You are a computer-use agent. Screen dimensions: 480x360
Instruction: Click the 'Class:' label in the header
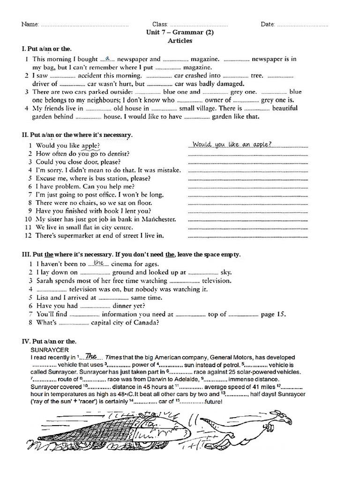(x=160, y=24)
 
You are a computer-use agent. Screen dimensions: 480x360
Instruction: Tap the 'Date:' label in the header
(x=268, y=24)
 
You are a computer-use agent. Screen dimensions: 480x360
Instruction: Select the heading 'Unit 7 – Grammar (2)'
(x=180, y=32)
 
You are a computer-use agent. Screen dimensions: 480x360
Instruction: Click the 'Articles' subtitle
(x=180, y=40)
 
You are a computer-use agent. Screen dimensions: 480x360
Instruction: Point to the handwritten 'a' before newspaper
(x=108, y=58)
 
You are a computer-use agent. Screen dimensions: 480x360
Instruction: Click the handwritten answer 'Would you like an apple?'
(x=232, y=144)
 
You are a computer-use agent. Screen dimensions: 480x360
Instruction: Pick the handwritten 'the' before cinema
(x=98, y=263)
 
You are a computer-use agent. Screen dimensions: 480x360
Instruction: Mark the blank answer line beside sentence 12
(x=248, y=236)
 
